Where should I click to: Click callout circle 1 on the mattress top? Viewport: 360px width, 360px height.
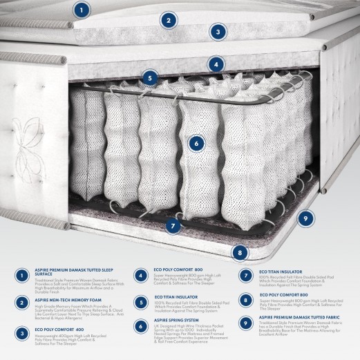[82, 10]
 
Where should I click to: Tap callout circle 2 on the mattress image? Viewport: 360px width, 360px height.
[167, 20]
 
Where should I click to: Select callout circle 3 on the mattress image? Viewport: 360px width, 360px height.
[218, 31]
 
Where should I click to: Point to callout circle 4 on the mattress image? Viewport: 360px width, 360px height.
[217, 65]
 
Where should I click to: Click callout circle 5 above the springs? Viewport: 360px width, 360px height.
[149, 79]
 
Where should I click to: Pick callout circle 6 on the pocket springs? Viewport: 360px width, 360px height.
[197, 144]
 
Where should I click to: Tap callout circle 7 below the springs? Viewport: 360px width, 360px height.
[173, 225]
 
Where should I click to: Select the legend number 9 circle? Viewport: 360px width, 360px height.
[245, 322]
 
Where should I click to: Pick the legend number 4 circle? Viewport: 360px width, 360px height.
[140, 275]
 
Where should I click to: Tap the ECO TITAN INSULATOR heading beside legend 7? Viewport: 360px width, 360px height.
[283, 272]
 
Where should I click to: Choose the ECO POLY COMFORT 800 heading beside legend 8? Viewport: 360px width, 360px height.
[286, 296]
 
